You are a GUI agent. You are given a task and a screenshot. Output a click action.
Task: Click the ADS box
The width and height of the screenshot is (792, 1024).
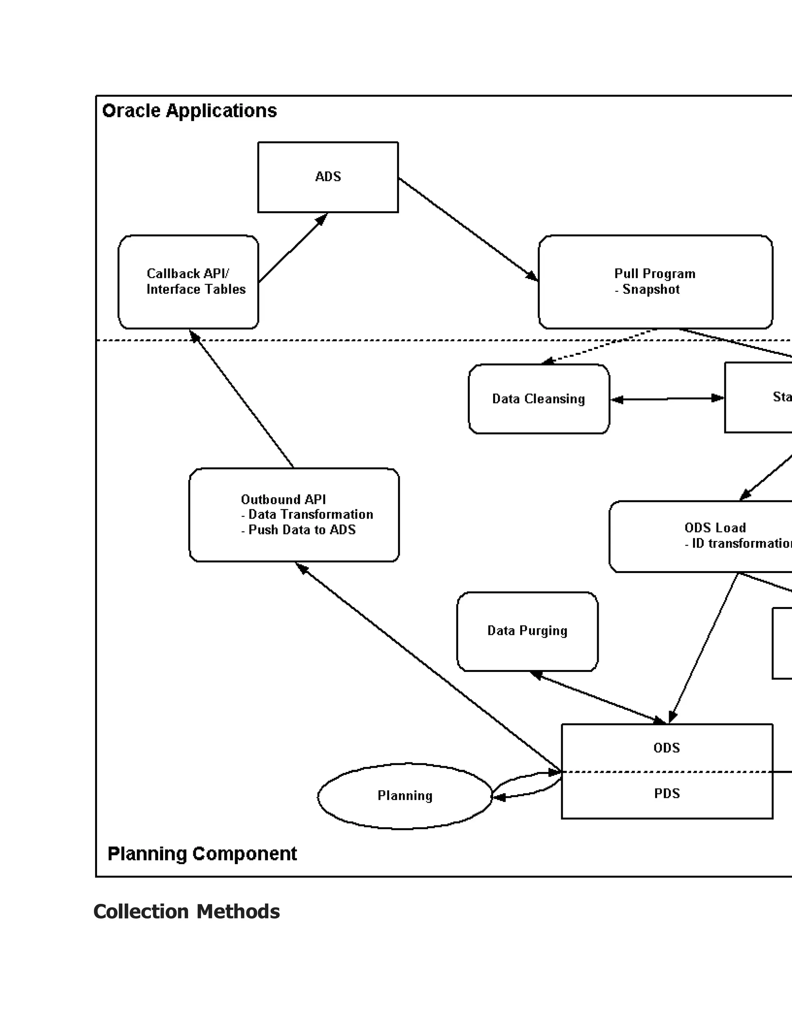pos(328,177)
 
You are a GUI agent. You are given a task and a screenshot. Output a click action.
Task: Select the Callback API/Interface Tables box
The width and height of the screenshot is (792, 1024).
pos(188,282)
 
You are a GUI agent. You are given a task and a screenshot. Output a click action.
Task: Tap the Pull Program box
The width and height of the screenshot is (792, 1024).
pos(655,282)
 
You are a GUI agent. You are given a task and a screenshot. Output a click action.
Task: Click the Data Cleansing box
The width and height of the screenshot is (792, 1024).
pos(539,399)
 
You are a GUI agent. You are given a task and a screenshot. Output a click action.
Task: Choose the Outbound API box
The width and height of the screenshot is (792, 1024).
pos(294,514)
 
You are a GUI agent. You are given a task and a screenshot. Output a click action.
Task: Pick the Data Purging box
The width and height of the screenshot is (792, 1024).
pos(527,631)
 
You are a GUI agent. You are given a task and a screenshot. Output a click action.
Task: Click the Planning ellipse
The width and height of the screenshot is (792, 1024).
pos(405,796)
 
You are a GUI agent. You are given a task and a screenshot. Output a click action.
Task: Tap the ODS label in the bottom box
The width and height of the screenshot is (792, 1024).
pos(667,748)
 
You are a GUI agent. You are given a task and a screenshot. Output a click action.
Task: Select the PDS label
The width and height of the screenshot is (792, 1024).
pos(667,793)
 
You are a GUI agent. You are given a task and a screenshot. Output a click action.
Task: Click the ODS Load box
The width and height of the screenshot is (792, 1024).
pos(704,536)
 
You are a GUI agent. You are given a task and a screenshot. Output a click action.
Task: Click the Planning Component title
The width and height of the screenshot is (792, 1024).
pos(202,854)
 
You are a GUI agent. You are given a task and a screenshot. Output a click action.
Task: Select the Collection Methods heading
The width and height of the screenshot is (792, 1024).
pos(187,912)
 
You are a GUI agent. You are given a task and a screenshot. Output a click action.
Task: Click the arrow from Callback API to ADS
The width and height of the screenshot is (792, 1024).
pos(293,248)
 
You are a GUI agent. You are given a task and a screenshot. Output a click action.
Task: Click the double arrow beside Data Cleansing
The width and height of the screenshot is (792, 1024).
pos(667,399)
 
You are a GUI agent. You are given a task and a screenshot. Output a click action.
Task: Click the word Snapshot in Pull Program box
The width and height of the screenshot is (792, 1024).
pos(651,290)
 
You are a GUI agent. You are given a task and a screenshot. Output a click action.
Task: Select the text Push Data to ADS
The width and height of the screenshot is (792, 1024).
pos(302,530)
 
